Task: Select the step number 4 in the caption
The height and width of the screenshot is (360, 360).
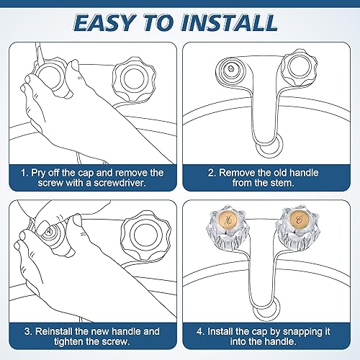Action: [x=202, y=331]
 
